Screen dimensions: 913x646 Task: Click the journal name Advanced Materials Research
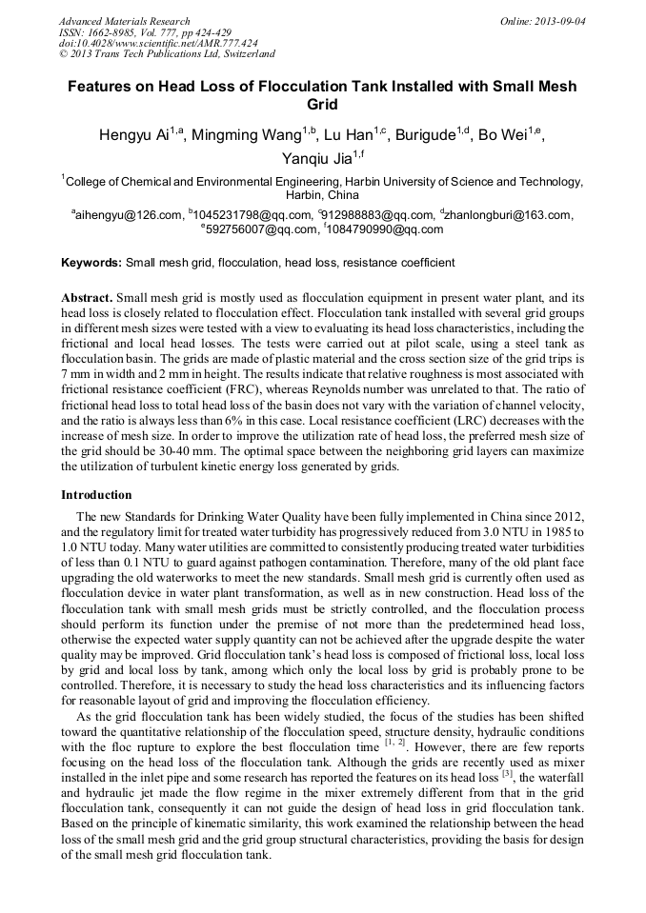(x=124, y=21)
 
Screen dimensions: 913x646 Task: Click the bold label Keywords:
(x=91, y=263)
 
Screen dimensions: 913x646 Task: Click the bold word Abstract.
(x=88, y=298)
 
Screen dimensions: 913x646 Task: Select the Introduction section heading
(x=96, y=495)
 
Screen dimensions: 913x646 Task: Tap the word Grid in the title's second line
(x=322, y=105)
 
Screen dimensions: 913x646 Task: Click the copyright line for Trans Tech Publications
(x=168, y=54)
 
